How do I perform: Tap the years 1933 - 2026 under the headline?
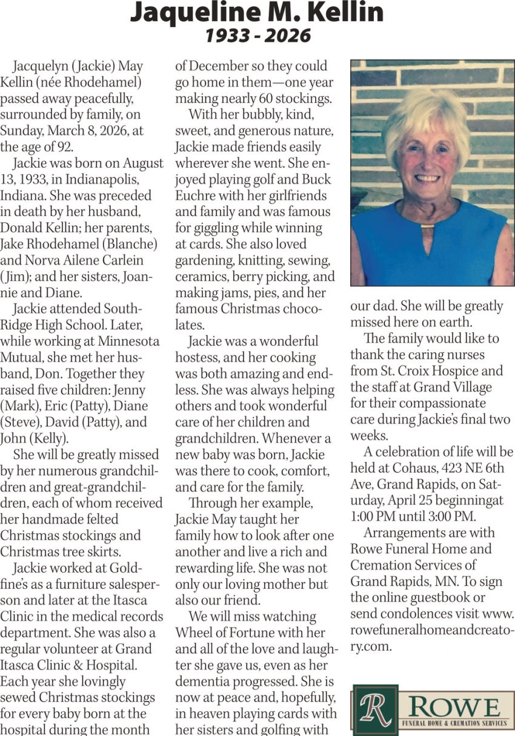coord(257,36)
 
